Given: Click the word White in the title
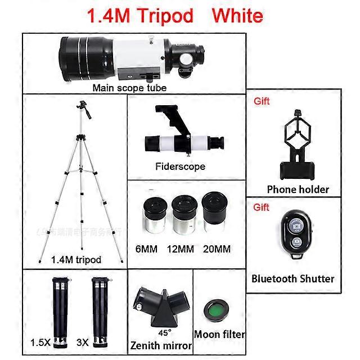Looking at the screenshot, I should (x=237, y=15).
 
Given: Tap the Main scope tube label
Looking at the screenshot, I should (x=129, y=88).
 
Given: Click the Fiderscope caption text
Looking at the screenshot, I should (x=180, y=166).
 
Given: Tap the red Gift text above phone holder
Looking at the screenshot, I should (x=262, y=101).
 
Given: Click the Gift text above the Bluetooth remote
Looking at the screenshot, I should (x=262, y=207).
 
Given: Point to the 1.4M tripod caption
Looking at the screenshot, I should (x=76, y=259).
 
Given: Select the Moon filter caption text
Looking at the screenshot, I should (x=219, y=334).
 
